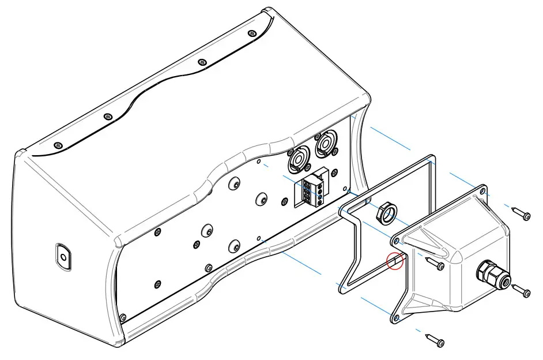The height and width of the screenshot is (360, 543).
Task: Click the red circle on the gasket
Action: click(x=394, y=261)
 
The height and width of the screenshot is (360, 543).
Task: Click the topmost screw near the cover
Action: click(x=522, y=213)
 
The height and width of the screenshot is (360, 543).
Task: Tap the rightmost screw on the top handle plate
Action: click(x=251, y=34)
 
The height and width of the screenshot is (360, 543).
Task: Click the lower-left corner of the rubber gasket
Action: click(x=342, y=284)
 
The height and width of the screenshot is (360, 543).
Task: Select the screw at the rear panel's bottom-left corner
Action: click(x=122, y=317)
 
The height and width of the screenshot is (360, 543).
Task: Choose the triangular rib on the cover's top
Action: click(x=429, y=242)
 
